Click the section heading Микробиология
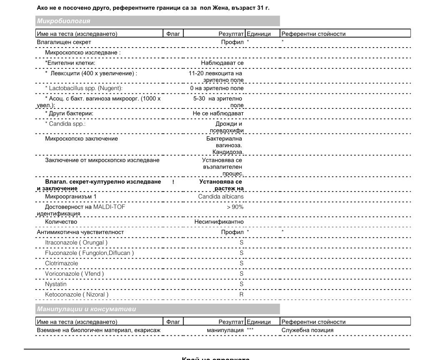pos(63,21)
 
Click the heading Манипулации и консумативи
pos(86,309)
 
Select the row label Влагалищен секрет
pos(64,42)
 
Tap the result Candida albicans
pos(221,196)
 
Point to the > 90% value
pos(235,207)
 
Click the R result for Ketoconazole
pos(241,295)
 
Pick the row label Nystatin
pos(55,284)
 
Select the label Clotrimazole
pos(61,264)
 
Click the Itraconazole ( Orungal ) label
pos(76,242)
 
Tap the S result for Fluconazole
pos(241,253)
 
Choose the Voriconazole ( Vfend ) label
pos(74,274)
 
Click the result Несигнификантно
pos(219,222)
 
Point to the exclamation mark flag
pos(173,182)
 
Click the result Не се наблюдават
pos(218,113)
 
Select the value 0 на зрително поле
pos(217,88)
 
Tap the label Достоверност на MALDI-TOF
pos(85,207)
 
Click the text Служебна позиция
pos(307,330)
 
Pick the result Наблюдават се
pos(222,63)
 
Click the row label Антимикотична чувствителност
pos(80,232)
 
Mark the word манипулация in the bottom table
pos(225,330)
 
